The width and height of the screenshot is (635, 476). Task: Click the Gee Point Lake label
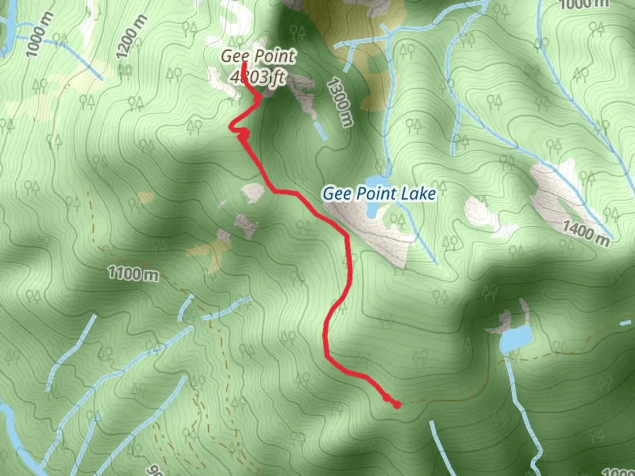379,193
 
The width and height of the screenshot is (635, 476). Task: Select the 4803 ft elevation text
258,77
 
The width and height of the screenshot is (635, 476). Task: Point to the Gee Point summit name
258,56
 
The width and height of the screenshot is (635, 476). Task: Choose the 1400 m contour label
586,232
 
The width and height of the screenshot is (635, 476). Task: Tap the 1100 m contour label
133,274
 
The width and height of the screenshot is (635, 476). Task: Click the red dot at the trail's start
396,404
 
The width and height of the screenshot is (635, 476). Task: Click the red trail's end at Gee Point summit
244,65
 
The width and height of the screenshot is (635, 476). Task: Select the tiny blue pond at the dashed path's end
625,323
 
